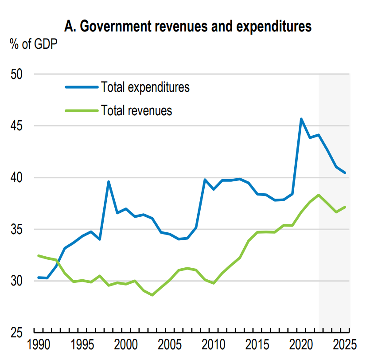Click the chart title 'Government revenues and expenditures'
[188, 27]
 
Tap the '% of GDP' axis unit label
[34, 44]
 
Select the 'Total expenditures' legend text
[145, 87]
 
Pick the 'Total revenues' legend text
[136, 110]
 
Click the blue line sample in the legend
[82, 87]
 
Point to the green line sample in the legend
[82, 110]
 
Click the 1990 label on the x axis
[39, 345]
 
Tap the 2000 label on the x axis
[126, 345]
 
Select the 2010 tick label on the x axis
[214, 345]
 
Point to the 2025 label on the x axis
[345, 345]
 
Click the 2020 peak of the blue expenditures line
[301, 119]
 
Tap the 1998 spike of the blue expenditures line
[109, 181]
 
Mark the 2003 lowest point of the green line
[152, 295]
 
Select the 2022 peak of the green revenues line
[319, 195]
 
